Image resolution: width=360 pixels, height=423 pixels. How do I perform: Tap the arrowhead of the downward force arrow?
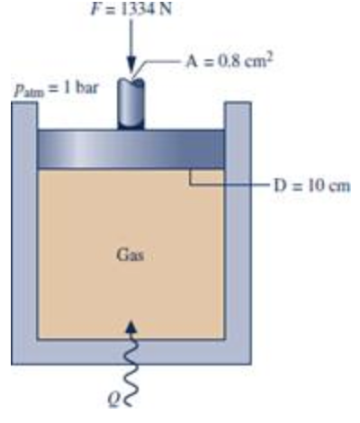coord(131,66)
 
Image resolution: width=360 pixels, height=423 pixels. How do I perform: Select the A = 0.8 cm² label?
coord(229,61)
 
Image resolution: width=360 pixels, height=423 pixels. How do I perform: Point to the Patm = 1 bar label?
coord(56,88)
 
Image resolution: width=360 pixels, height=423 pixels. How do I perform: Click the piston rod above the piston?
coord(130,103)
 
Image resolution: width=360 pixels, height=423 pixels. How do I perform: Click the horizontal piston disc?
coord(130,148)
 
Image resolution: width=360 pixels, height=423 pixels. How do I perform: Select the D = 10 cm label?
coord(312,185)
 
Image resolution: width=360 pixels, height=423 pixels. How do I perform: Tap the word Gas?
coord(130,256)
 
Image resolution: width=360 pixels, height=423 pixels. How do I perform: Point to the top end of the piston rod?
coord(130,82)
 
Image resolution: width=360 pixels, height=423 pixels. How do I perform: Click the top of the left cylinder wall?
coord(24,103)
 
